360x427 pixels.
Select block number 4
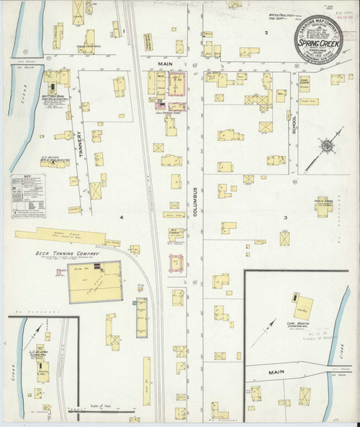[122, 217]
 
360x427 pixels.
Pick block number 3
[286, 217]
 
